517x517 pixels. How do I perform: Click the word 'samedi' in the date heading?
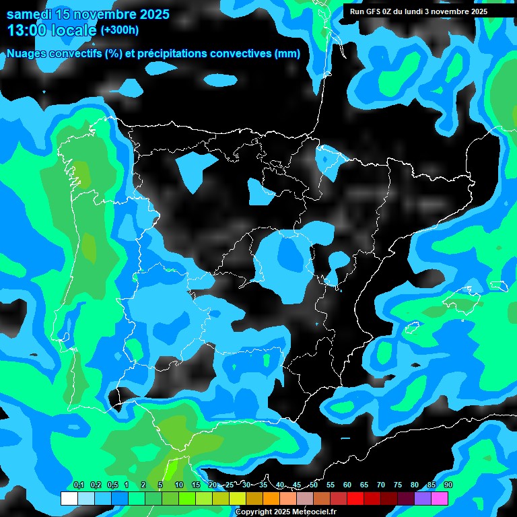pos(28,14)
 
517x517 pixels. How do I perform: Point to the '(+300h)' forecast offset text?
pos(119,30)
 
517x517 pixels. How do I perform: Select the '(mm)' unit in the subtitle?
pos(287,54)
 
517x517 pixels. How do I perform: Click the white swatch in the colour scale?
pos(69,498)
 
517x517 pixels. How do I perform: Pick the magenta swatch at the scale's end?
pos(440,498)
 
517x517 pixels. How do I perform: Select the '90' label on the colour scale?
pos(448,485)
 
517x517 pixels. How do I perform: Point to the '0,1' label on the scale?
pos(78,485)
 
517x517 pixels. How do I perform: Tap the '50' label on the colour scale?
pos(314,485)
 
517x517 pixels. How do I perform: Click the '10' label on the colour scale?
pos(179,485)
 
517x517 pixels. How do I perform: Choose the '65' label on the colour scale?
pos(364,485)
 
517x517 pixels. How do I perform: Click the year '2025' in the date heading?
pos(150,14)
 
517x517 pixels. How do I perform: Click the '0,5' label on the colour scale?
pos(112,485)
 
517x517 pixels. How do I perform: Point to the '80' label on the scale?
pos(415,485)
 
